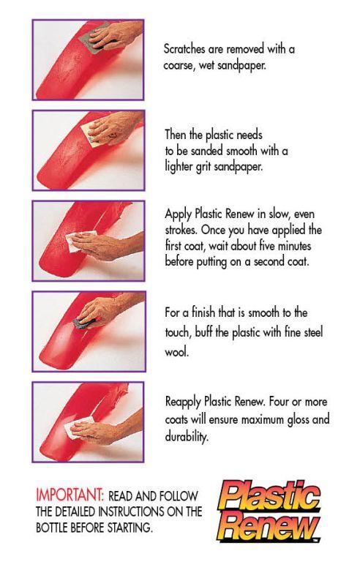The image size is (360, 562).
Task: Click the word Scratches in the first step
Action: [x=184, y=49]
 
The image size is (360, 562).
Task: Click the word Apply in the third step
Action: [x=179, y=214]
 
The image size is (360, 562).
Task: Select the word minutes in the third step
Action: [x=295, y=246]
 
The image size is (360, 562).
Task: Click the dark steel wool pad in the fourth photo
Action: [x=84, y=323]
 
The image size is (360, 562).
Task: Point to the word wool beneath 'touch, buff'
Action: [x=176, y=351]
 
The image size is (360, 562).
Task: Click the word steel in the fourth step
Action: [x=313, y=332]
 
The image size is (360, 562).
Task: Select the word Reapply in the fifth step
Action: [x=183, y=402]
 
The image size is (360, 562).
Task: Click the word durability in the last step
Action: [x=186, y=437]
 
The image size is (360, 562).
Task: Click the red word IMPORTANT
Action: [x=70, y=495]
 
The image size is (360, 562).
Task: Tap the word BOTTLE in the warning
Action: [x=52, y=527]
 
